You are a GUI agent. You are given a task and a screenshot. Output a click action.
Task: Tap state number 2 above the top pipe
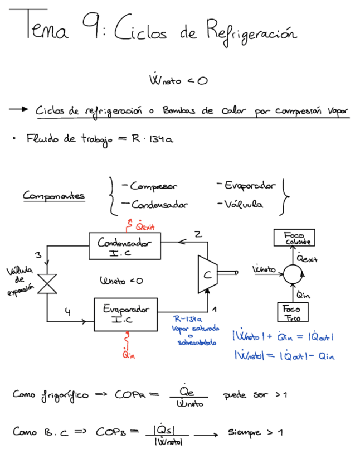(x=198, y=234)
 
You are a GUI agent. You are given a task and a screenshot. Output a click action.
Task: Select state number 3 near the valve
(x=38, y=255)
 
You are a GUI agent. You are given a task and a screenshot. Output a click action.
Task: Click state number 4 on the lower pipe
(x=67, y=313)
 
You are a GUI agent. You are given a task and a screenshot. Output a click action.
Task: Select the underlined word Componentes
(x=53, y=196)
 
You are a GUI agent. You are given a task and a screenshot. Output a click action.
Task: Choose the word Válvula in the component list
(x=243, y=205)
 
